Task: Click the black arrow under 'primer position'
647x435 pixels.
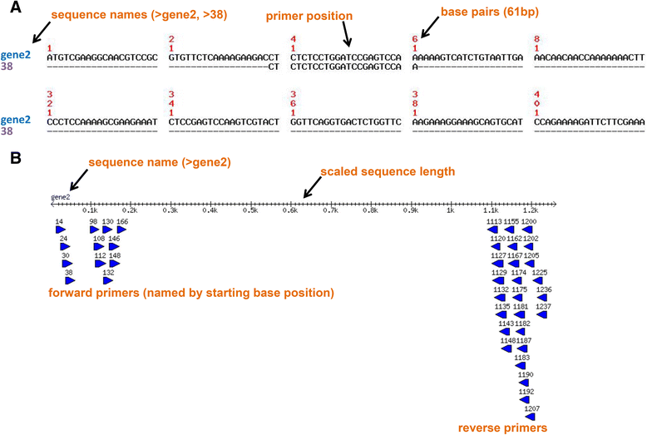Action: pos(349,35)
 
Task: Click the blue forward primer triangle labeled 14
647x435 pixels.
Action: pos(60,230)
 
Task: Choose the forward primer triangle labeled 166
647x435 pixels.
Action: pos(121,230)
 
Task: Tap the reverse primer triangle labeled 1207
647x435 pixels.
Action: pos(530,416)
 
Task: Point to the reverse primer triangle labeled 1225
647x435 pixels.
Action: pos(539,280)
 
